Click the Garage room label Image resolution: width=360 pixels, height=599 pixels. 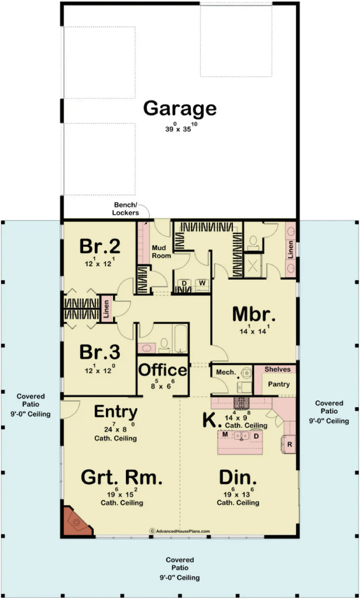coord(180,108)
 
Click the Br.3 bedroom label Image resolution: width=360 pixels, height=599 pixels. coord(100,352)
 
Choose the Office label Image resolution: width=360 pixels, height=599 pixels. coord(162,370)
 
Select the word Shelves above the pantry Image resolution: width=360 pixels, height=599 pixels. coord(277,369)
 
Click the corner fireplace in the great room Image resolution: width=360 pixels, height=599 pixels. coord(76,522)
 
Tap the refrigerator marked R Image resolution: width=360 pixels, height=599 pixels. coord(290,445)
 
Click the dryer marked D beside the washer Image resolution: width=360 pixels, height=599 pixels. coord(184,283)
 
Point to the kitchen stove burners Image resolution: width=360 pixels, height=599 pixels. coord(241,402)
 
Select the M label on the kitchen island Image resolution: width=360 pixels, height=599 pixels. coord(224,435)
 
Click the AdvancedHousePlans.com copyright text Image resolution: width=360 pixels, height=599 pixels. coord(180,531)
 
